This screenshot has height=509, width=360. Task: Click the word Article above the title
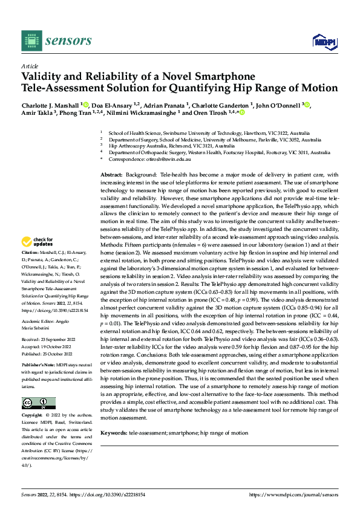(30, 66)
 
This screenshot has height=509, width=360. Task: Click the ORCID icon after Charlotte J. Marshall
(86, 104)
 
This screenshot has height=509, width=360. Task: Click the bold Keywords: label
(114, 433)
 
